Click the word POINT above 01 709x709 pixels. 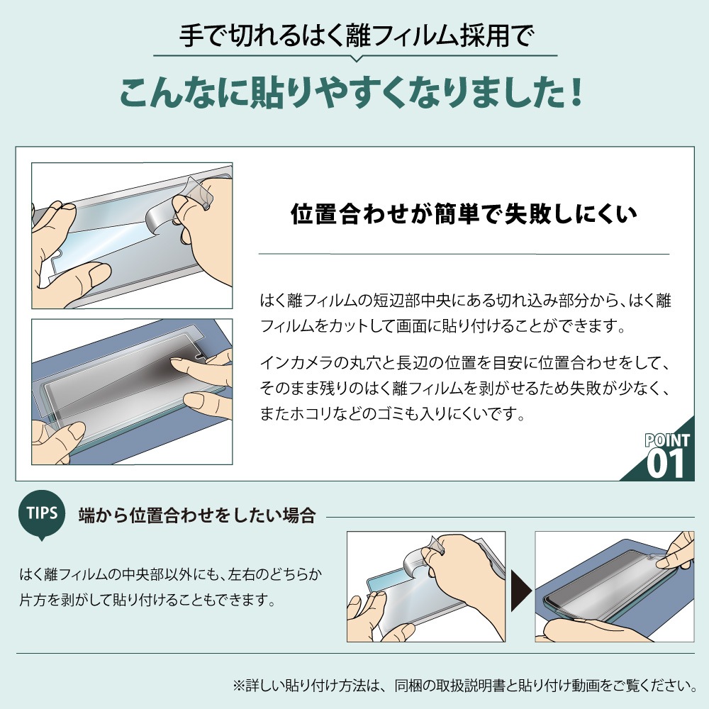(666, 441)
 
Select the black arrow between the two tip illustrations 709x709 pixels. (520, 588)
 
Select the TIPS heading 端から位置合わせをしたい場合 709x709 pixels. (196, 515)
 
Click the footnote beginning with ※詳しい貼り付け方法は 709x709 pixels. (464, 686)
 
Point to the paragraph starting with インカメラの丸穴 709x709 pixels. (464, 389)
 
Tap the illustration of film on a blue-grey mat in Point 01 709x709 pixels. (132, 392)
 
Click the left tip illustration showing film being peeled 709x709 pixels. (425, 587)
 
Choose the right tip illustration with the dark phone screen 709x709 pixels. (614, 587)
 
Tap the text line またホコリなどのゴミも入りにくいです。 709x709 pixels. (393, 413)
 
